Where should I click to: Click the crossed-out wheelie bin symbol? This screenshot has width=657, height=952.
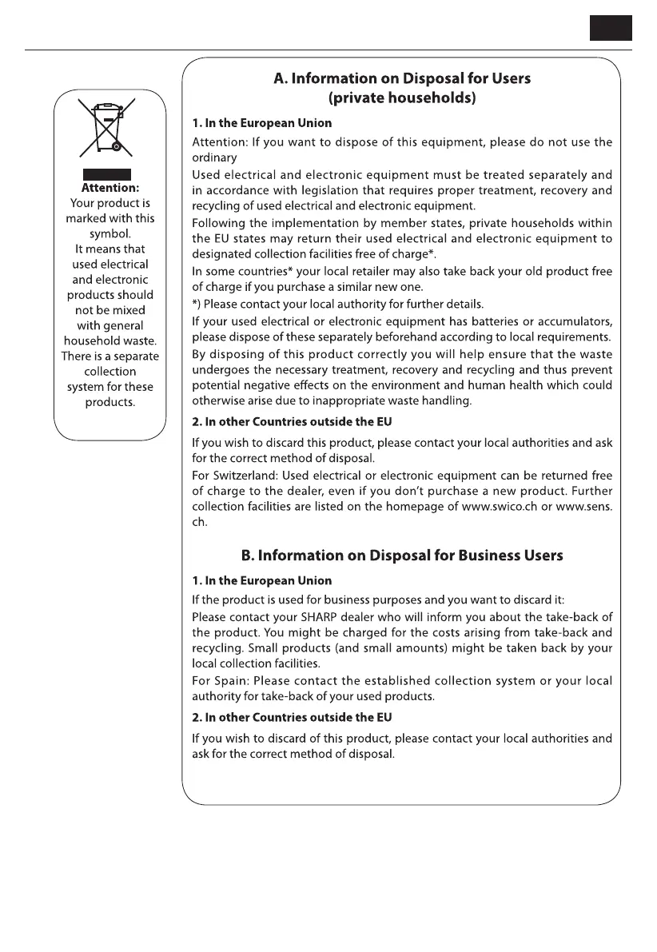click(106, 127)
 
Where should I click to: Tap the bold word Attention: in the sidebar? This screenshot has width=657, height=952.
click(110, 189)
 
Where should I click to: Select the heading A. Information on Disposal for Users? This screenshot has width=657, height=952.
click(402, 79)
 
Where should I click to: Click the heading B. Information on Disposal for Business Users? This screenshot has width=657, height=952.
click(402, 556)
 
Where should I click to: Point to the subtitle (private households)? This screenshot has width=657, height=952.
click(402, 99)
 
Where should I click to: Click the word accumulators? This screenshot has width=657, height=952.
click(573, 321)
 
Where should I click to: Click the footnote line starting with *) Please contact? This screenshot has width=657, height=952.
click(338, 304)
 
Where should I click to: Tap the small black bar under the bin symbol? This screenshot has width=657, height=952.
click(106, 174)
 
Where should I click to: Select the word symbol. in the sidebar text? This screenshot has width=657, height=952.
click(110, 233)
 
